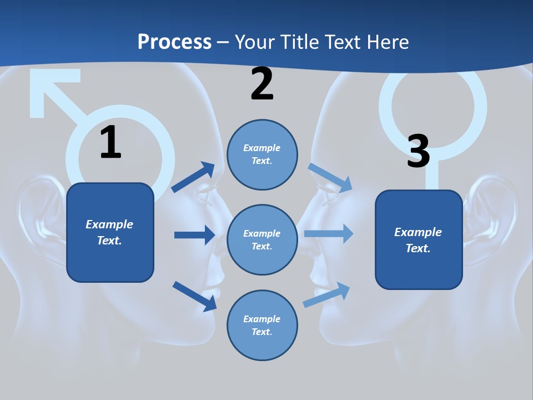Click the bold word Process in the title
coord(174,42)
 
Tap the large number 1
coord(110,142)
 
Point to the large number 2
coord(262,84)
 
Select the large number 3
coord(418,151)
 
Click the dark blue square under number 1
coord(110,232)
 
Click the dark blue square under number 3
coord(419,239)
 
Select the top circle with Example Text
coord(262,154)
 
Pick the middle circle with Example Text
coord(262,239)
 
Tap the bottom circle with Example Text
coord(262,325)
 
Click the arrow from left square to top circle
coord(193,177)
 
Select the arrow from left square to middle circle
coord(194,235)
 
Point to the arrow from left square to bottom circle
coord(194,296)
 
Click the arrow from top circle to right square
coord(330,177)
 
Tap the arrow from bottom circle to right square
coord(326,295)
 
